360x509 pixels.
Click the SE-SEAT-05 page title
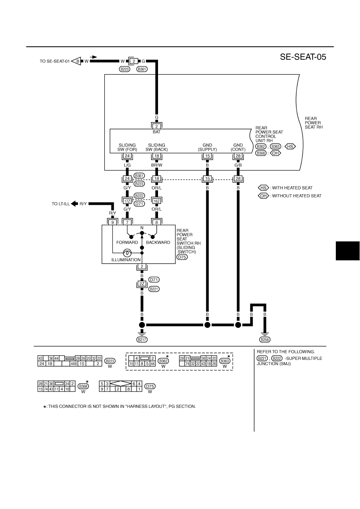pos(303,57)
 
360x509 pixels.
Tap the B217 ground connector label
pos(142,339)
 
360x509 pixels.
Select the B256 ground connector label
pos(265,340)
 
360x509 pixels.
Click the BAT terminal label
pos(156,132)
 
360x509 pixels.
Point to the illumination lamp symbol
pos(127,253)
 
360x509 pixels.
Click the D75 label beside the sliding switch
pos(182,257)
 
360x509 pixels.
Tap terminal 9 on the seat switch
pos(112,222)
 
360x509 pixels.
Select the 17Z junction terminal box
pos(127,201)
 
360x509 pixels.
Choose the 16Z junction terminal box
pos(156,201)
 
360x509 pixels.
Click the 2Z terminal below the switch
pos(142,284)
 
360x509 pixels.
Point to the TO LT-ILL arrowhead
pos(74,204)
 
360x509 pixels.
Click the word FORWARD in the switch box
pos(127,243)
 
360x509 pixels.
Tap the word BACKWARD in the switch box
pos(158,243)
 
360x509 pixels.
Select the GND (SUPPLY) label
pos(207,147)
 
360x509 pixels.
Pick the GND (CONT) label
pos(238,147)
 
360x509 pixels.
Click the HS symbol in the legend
pos(263,188)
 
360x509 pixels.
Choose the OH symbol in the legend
pos(263,195)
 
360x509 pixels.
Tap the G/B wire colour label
pos(238,165)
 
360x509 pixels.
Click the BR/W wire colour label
pos(156,165)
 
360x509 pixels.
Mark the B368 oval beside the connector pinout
pos(83,386)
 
